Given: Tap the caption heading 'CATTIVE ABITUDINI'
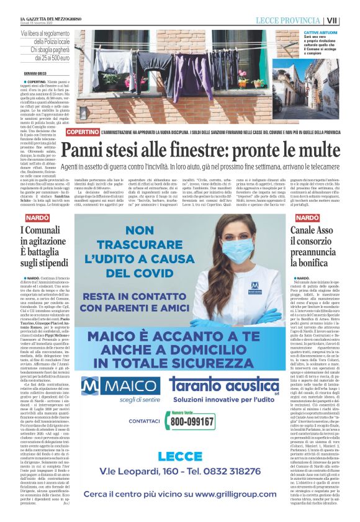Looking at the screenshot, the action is [320, 32].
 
